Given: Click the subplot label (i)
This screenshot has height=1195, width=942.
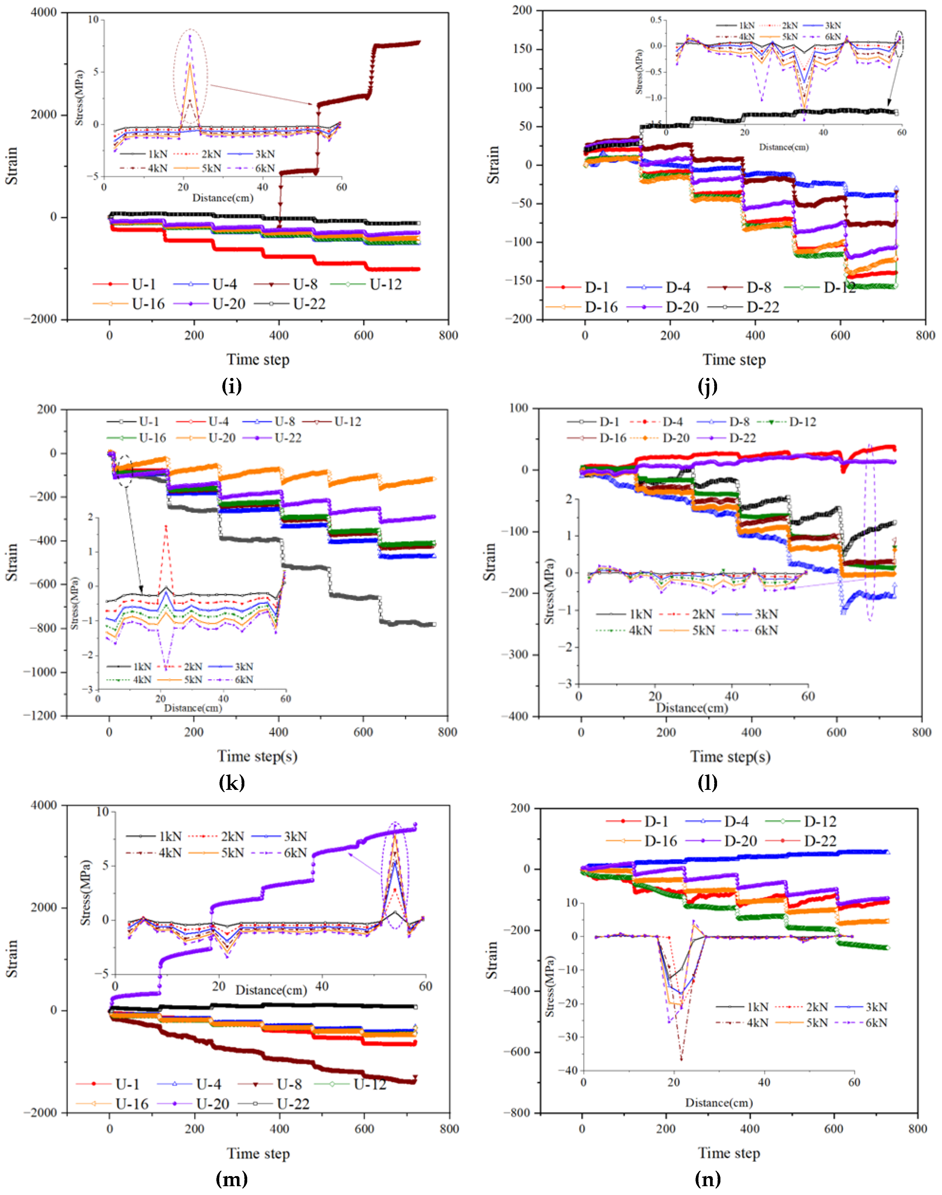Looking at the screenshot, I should (x=232, y=387).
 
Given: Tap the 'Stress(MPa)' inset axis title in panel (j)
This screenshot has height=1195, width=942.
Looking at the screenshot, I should (x=639, y=72).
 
